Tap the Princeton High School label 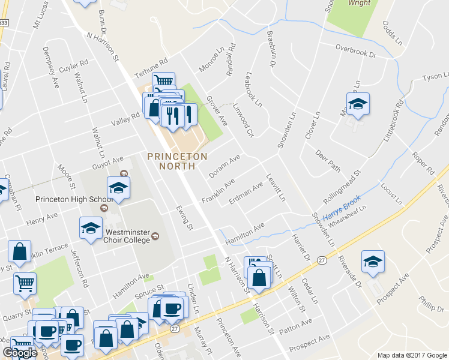pos(65,199)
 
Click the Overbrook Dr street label pos(355,50)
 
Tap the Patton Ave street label pos(296,325)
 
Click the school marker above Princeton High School pos(118,188)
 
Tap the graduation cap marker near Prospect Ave pos(373,262)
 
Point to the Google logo pos(19,352)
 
